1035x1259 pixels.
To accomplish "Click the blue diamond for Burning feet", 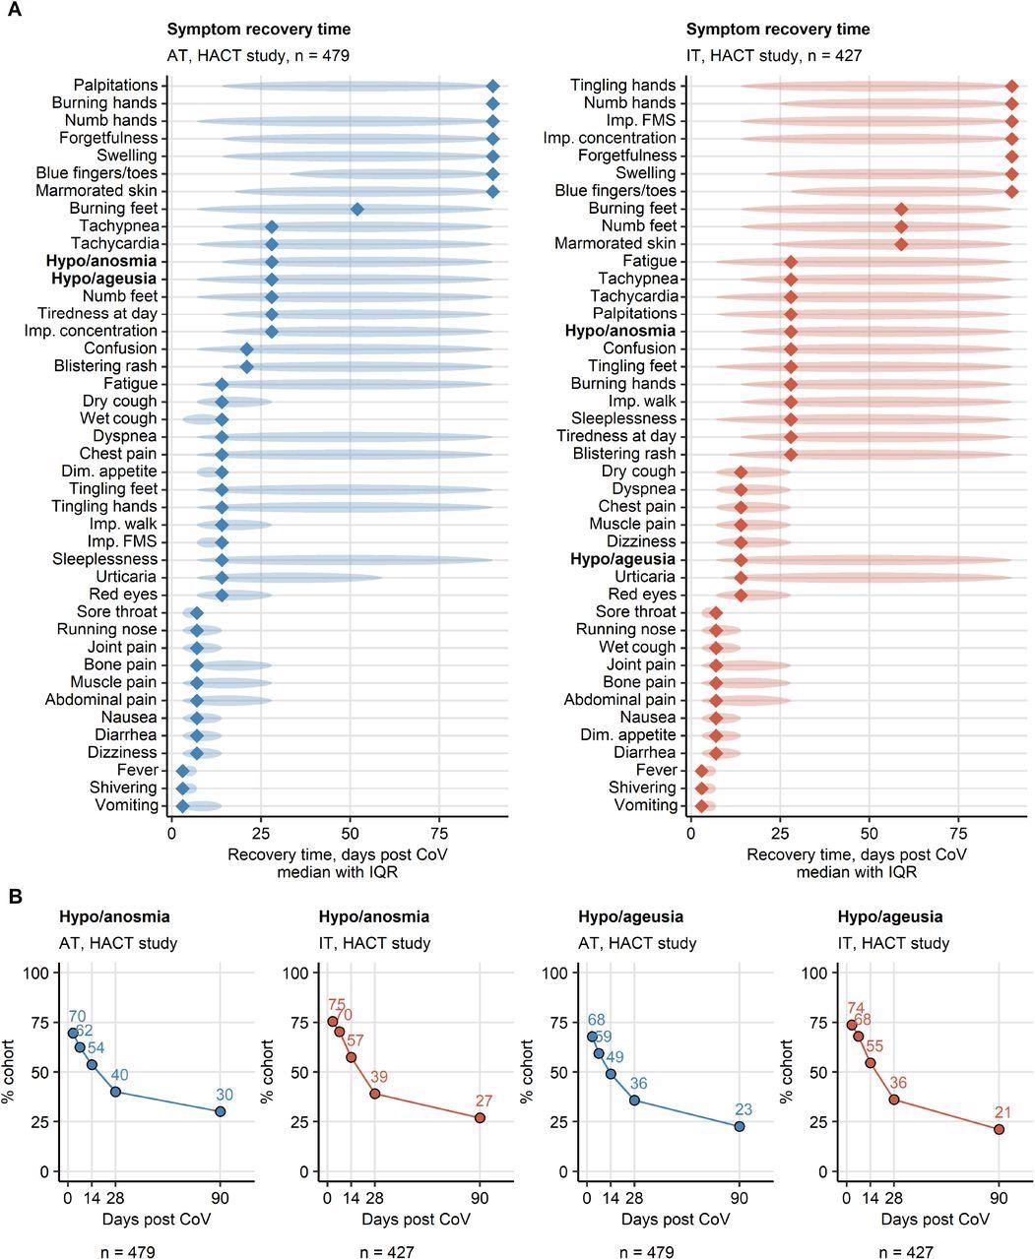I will [357, 209].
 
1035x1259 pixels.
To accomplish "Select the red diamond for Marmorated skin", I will [901, 243].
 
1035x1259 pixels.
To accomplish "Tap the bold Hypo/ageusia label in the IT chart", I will [622, 559].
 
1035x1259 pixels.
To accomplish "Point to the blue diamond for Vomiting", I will [182, 805].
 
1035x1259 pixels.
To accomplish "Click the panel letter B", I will [15, 897].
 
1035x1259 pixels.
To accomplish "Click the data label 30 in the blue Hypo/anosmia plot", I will [225, 1094].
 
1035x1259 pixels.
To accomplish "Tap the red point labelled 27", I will [480, 1118].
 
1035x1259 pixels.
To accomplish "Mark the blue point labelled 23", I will [740, 1126].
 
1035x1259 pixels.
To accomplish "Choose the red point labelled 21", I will [1000, 1129].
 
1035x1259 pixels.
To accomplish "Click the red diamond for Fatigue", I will [791, 261].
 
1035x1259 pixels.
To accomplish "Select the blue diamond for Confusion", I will [246, 348].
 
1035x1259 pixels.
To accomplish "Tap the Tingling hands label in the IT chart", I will [622, 86].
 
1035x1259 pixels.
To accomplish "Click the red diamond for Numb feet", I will [901, 225].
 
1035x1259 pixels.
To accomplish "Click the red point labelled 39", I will [375, 1094].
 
